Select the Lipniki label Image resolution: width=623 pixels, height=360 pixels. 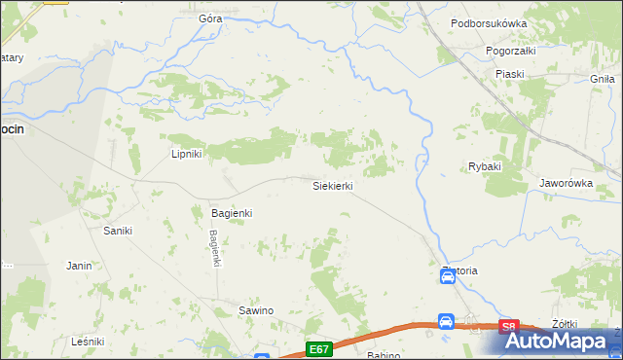tap(185, 154)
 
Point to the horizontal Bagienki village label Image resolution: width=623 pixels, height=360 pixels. tap(232, 212)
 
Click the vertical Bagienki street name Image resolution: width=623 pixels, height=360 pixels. tap(214, 247)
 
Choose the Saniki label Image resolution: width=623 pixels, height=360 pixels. tap(118, 231)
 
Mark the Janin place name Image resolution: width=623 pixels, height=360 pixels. tap(79, 265)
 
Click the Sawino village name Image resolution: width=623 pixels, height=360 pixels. tap(256, 310)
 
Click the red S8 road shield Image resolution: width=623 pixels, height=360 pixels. tap(507, 329)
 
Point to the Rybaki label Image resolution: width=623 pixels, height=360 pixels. tap(484, 166)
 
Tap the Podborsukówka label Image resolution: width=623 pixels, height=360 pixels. tap(489, 23)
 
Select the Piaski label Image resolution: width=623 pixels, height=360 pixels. tap(509, 74)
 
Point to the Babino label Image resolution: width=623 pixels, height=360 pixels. tap(384, 355)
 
